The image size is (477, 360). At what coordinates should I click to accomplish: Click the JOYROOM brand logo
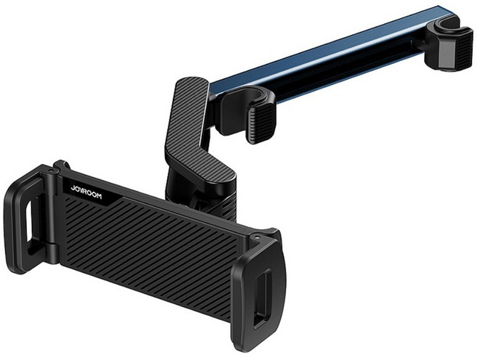[86, 193]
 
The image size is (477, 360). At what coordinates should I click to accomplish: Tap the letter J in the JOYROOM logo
[73, 189]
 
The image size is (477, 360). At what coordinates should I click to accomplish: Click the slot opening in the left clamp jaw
[28, 220]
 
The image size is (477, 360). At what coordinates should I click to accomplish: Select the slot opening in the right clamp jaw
[262, 298]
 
